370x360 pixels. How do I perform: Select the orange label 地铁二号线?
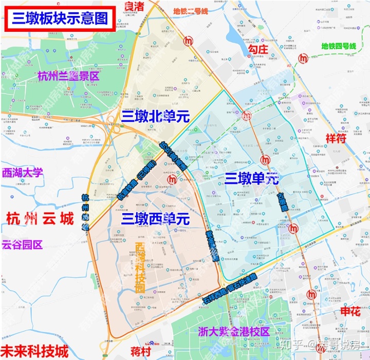click(x=191, y=11)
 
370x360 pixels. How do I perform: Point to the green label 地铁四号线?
click(x=338, y=46)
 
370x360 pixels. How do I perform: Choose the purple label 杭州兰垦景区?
click(x=68, y=77)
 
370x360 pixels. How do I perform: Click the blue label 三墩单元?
click(x=252, y=178)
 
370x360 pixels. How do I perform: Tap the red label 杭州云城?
click(x=41, y=219)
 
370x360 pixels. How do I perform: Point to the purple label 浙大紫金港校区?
click(x=234, y=332)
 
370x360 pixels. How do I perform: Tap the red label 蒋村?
click(x=140, y=352)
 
